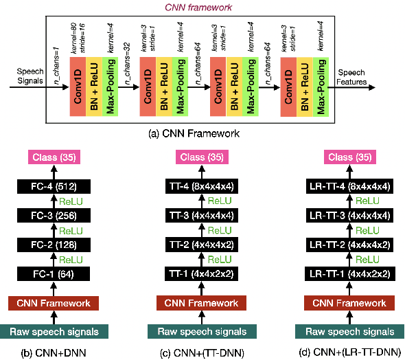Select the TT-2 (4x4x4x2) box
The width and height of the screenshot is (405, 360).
point(202,245)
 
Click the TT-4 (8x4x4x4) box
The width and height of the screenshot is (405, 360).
point(202,185)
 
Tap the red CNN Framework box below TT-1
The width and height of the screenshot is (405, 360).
point(202,302)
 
